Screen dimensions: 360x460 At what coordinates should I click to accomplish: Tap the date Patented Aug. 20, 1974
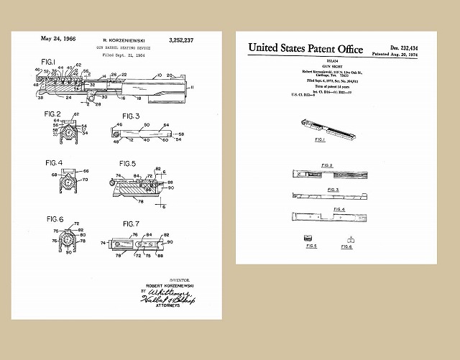click(400, 54)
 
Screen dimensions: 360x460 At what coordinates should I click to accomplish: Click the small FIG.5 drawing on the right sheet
click(310, 238)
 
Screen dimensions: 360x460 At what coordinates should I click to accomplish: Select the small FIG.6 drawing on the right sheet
click(351, 239)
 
